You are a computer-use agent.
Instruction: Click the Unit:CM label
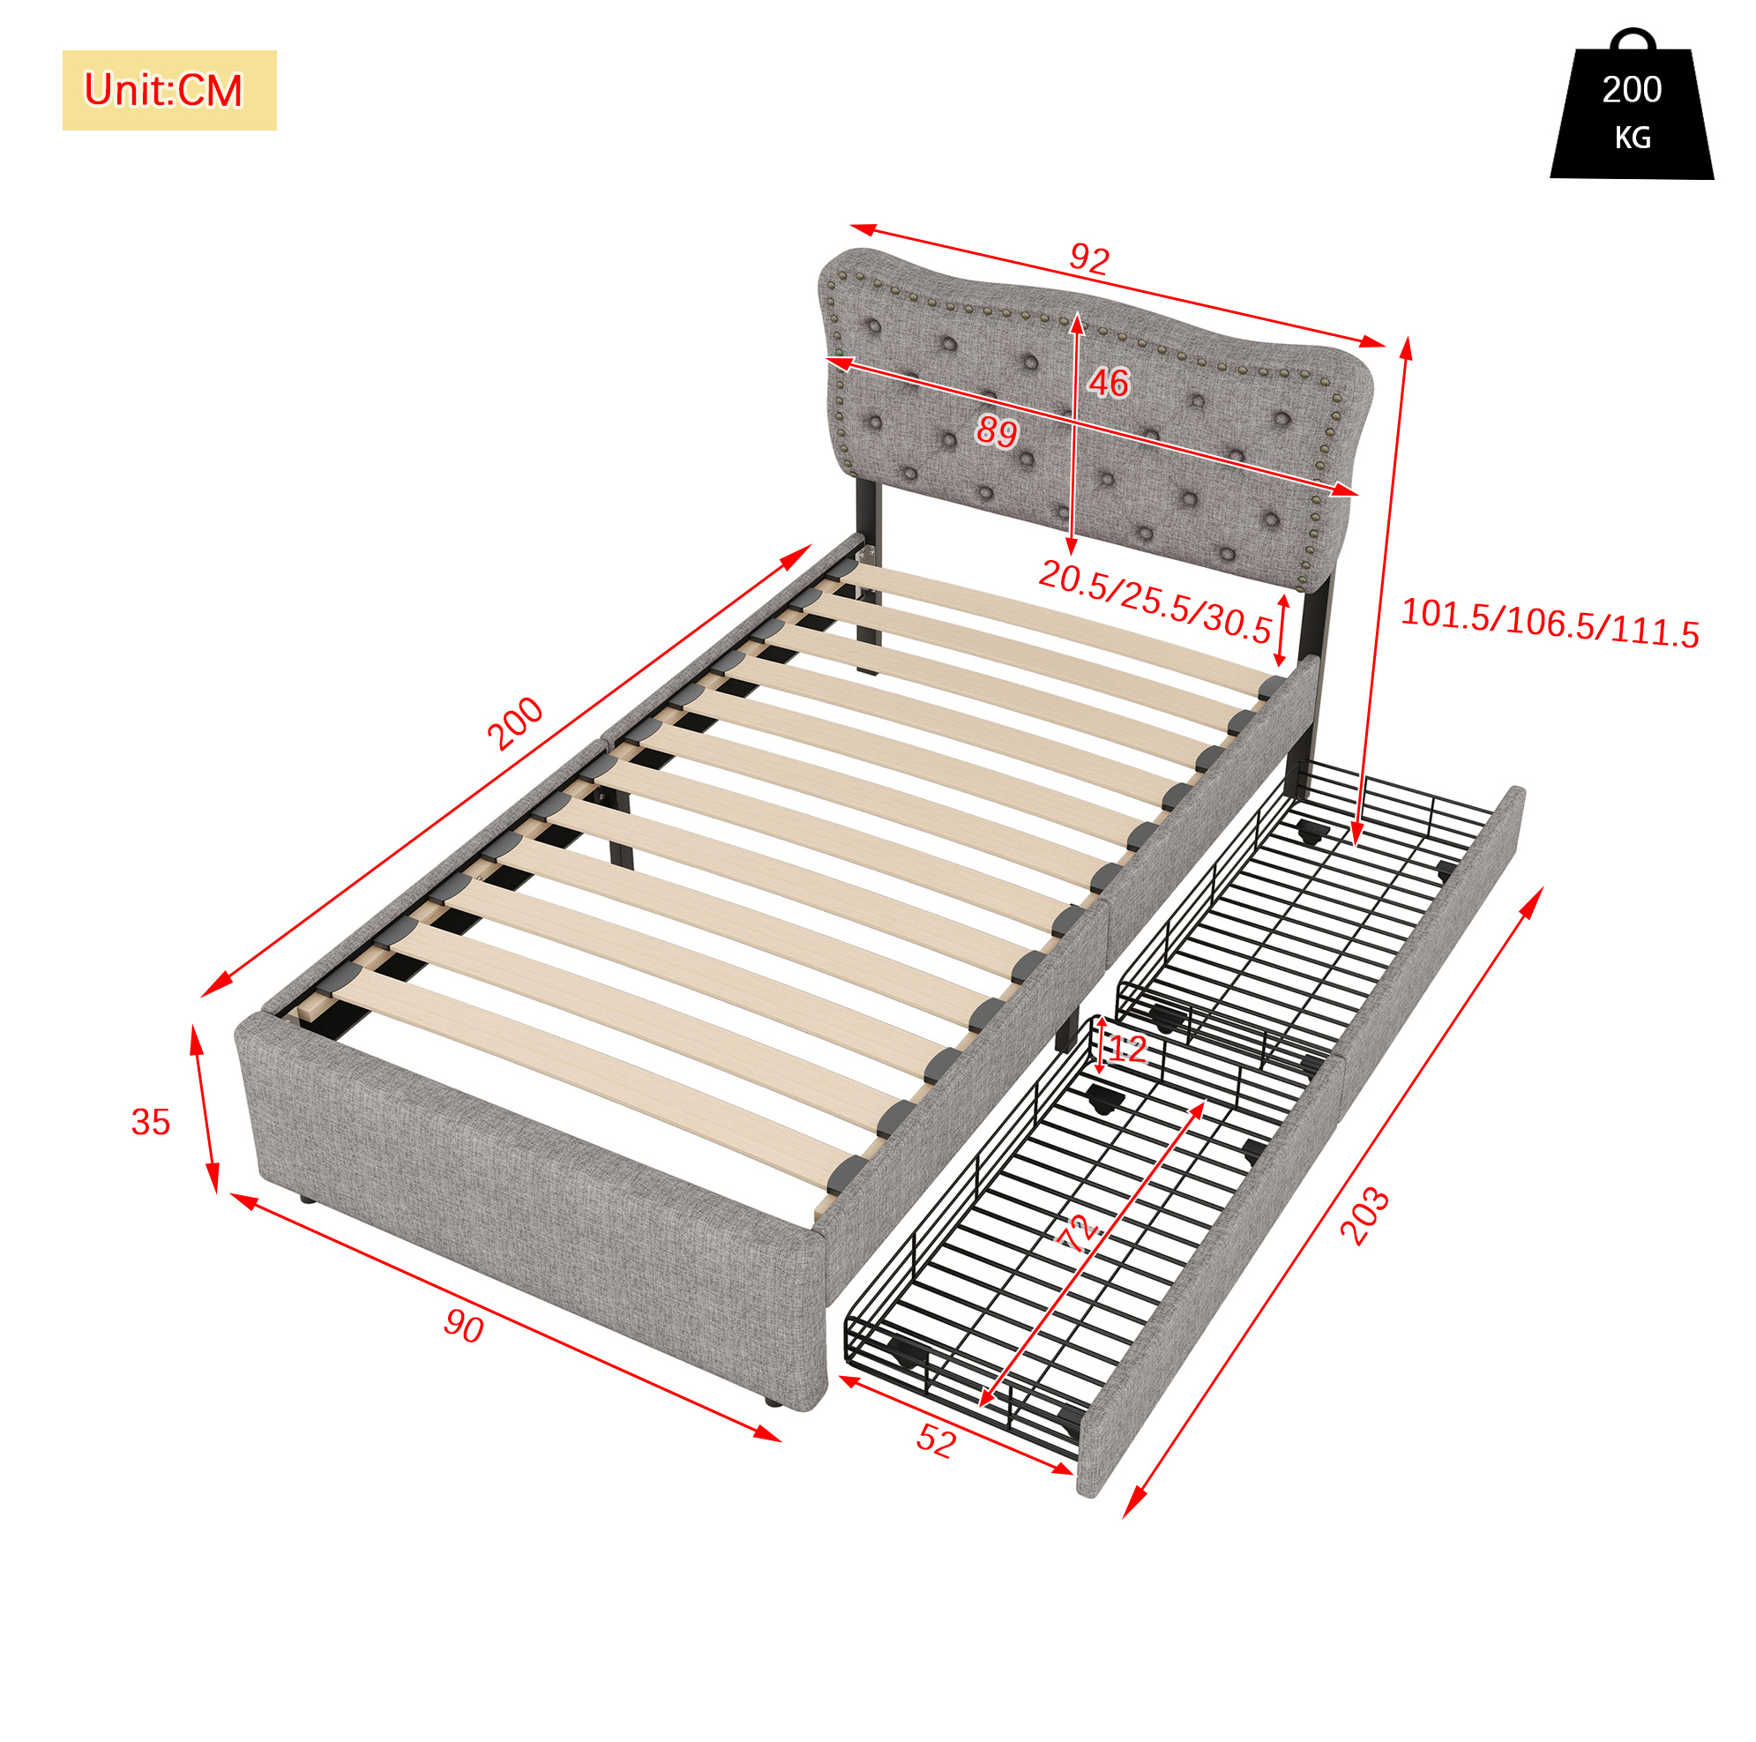point(163,90)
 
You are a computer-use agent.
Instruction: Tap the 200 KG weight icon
point(1632,104)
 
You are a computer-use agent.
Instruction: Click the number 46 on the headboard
point(1109,383)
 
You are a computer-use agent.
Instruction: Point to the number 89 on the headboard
point(998,431)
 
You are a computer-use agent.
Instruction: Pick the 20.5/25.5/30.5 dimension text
point(1155,602)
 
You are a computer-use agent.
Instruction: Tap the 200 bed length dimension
point(515,724)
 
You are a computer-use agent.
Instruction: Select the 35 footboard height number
point(151,1122)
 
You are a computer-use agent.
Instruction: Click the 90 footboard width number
point(464,1327)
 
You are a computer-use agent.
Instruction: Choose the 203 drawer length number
point(1364,1216)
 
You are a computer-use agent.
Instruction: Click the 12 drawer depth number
point(1128,1050)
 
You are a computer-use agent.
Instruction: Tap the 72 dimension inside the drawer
point(1080,1236)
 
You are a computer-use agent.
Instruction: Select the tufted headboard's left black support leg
point(868,577)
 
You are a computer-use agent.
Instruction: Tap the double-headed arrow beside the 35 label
point(205,1110)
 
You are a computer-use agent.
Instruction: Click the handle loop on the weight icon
point(1633,38)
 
